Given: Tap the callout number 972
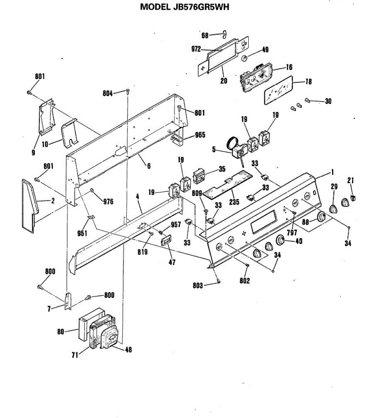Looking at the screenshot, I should coord(196,49).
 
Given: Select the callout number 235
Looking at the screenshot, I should coord(234,202).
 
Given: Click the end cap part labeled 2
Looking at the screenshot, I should coord(29,206).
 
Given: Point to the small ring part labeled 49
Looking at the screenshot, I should coord(245,58).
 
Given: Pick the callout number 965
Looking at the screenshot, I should coord(200,135).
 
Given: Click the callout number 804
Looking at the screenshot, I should coord(108,93).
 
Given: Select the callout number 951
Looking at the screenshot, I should coord(82,233).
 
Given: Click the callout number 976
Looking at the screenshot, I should coord(108,201).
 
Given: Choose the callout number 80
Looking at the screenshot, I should coord(61,332).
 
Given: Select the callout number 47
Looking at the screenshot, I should coord(172,262).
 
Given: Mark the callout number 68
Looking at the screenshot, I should coord(205,35).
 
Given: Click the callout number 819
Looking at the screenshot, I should coord(142,251).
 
